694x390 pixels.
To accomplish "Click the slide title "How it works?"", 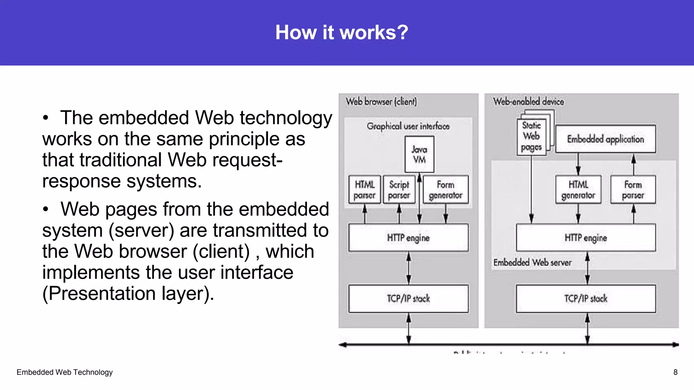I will click(342, 32).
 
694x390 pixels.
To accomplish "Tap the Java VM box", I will click(419, 154).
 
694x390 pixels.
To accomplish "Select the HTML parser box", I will click(365, 190).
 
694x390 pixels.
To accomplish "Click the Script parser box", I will click(399, 190).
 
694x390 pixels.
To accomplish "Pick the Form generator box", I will click(445, 190).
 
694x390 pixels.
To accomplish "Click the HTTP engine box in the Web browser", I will click(408, 238).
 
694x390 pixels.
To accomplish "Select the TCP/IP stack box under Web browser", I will click(408, 299).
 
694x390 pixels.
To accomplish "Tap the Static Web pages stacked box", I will click(531, 137).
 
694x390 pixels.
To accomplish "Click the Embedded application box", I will click(605, 139).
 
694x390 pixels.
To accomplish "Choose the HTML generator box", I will click(578, 190).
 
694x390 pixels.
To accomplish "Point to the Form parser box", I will click(633, 190).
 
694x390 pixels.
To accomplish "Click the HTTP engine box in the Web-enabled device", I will click(586, 238).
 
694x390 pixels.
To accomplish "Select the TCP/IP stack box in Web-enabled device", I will click(586, 299).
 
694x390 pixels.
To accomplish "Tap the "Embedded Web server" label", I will click(532, 262).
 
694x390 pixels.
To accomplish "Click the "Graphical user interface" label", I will click(408, 126).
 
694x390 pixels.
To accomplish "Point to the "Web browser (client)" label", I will click(381, 102).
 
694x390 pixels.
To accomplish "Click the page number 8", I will click(675, 372).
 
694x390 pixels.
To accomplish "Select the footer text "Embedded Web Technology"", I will click(64, 372).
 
